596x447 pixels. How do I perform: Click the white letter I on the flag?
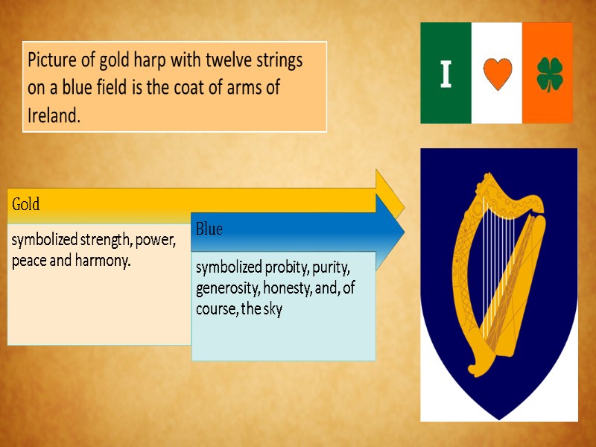click(x=446, y=74)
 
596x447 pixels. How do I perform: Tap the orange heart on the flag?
click(x=496, y=74)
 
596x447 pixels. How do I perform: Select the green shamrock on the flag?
click(x=550, y=74)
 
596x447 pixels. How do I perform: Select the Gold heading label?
click(x=25, y=203)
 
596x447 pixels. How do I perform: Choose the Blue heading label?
click(x=209, y=229)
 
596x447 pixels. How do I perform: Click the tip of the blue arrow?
click(x=403, y=229)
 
